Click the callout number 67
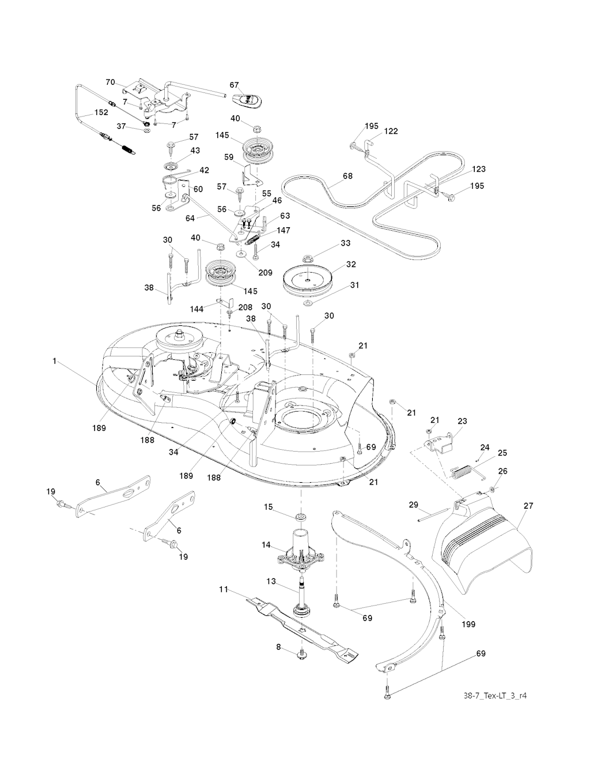coord(234,85)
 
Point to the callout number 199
coord(468,624)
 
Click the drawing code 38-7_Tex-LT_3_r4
coord(495,696)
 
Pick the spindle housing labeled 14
coord(301,554)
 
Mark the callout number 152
coord(101,112)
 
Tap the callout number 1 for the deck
coord(54,361)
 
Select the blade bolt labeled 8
coord(301,655)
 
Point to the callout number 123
coord(478,169)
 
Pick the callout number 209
coord(265,273)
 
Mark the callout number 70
coord(109,82)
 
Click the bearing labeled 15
coord(301,515)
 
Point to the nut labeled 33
coord(308,258)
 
